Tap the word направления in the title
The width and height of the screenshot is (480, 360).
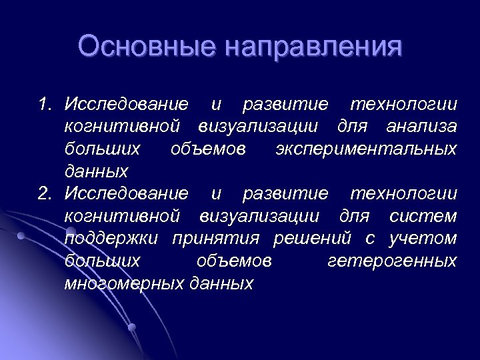(x=314, y=49)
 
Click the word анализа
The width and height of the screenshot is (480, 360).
(x=425, y=126)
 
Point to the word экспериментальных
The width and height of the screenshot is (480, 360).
(x=366, y=149)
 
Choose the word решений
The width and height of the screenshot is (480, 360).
(x=313, y=239)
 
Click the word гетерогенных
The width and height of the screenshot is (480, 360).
(x=392, y=261)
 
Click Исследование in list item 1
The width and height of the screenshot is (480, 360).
(x=127, y=104)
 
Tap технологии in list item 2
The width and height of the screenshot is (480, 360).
(x=403, y=193)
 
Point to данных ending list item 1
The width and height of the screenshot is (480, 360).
(x=96, y=171)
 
